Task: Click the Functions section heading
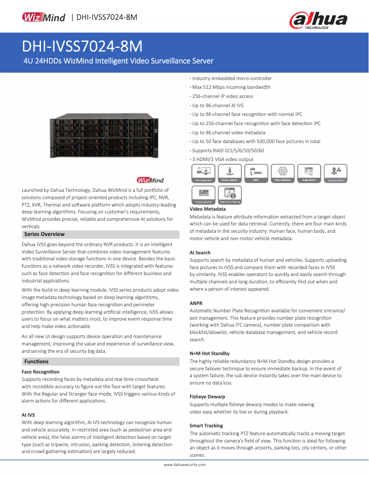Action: (x=36, y=362)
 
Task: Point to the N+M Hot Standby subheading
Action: (x=209, y=353)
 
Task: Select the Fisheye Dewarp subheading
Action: (x=208, y=397)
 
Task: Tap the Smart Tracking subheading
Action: (x=206, y=425)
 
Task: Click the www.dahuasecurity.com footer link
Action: (x=184, y=465)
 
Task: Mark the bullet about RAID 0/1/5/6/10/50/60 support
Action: (x=228, y=150)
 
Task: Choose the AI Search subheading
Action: (x=200, y=253)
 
